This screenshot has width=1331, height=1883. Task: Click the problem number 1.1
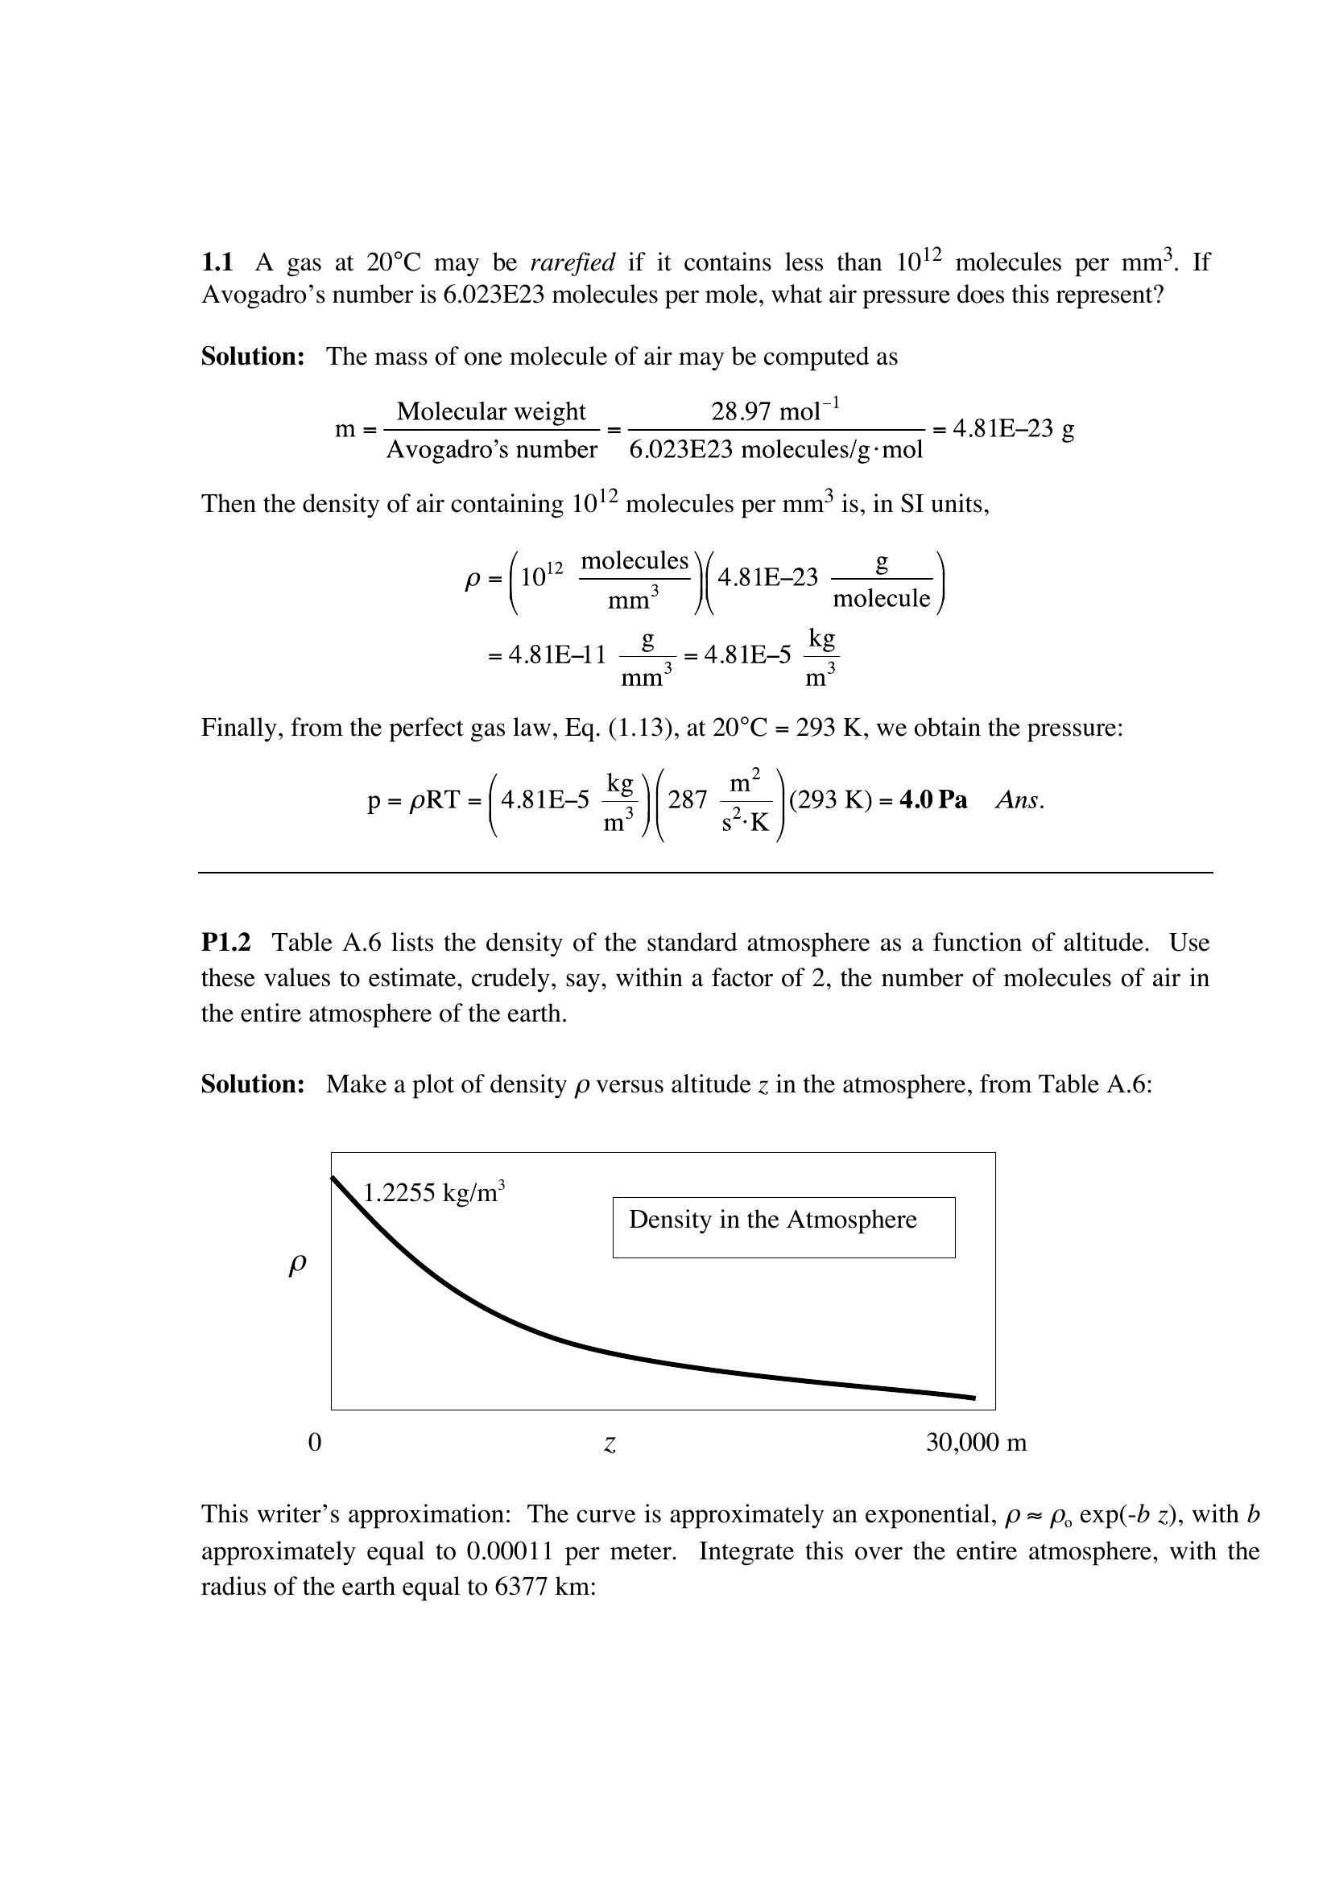click(x=217, y=262)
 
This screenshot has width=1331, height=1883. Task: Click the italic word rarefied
click(x=572, y=262)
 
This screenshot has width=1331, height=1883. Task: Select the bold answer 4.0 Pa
click(x=933, y=799)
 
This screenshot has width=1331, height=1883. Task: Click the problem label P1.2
click(x=225, y=943)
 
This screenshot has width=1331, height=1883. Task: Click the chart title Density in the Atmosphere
click(x=772, y=1220)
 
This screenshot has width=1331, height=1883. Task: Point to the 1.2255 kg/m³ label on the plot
click(x=433, y=1192)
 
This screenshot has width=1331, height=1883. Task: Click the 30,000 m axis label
click(x=976, y=1443)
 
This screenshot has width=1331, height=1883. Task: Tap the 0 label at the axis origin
click(x=315, y=1443)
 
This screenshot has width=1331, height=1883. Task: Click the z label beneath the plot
click(x=610, y=1444)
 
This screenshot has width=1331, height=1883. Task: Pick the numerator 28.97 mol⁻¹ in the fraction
click(x=775, y=410)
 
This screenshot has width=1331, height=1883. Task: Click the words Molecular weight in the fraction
click(x=491, y=411)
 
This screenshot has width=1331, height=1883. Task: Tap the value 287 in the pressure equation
click(x=687, y=799)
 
